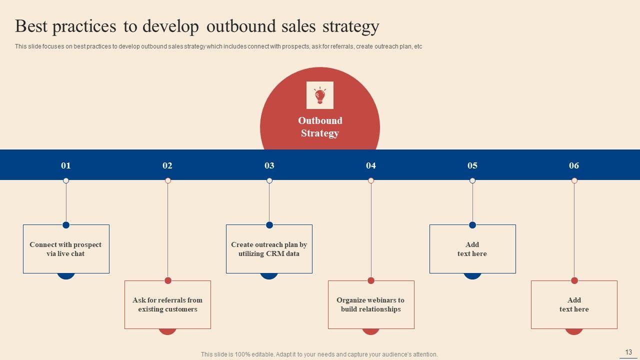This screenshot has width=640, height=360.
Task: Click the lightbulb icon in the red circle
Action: (320, 95)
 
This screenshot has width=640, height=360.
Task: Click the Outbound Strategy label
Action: (320, 127)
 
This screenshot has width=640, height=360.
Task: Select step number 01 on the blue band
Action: (66, 165)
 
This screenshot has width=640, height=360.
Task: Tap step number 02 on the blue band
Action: (167, 165)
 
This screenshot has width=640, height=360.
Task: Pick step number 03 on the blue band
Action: (269, 165)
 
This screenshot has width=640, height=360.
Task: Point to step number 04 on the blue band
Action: (371, 165)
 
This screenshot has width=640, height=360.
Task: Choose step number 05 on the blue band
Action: (472, 165)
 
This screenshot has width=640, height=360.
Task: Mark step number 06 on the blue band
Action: (574, 165)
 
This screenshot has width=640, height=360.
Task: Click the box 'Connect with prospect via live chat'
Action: (66, 249)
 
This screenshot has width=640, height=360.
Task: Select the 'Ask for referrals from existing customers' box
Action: (167, 304)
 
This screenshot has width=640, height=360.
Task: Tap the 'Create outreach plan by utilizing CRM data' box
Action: (269, 249)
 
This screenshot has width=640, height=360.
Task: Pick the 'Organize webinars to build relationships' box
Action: (371, 304)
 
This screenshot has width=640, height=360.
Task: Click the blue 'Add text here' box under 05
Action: (472, 249)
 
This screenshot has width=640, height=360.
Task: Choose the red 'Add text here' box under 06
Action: (574, 304)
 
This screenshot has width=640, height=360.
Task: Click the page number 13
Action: (628, 352)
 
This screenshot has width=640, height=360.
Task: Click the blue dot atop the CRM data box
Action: (269, 225)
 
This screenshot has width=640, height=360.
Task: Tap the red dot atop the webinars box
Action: (371, 280)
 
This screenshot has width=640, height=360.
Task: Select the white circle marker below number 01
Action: (66, 180)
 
